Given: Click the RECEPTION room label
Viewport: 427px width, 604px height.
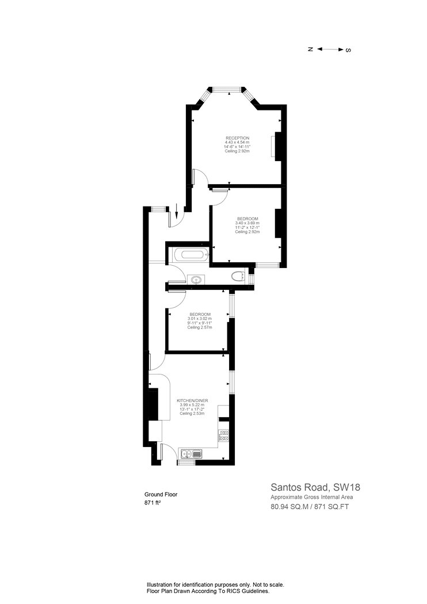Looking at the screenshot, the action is [x=238, y=138].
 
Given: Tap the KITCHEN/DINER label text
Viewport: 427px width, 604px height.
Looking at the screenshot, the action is [x=192, y=400].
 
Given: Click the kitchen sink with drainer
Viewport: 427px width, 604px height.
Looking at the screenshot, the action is [x=190, y=454].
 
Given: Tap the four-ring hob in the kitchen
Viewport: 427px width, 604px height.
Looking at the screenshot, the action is [x=223, y=435].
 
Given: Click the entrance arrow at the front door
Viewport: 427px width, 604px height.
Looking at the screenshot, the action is [x=176, y=211].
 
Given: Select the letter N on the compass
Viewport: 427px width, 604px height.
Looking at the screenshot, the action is [x=310, y=49].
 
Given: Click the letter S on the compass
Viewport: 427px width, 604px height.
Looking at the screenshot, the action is [x=348, y=49].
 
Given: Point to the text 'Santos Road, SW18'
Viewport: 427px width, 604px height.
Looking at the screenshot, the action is [x=315, y=487].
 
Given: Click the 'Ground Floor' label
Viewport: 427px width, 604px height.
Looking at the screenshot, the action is [x=161, y=494].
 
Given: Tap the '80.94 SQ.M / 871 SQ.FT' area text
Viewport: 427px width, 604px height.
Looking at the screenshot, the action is [x=310, y=507].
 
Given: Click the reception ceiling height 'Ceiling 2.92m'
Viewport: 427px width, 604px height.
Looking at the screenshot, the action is [x=238, y=151].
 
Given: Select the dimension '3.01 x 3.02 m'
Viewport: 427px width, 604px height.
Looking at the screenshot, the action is [x=200, y=319].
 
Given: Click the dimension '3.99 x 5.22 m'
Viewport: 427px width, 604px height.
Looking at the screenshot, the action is [x=192, y=405].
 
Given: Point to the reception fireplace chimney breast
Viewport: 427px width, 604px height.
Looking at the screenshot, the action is [x=278, y=146].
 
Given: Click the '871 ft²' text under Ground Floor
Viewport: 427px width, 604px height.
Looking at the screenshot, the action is [x=152, y=502].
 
